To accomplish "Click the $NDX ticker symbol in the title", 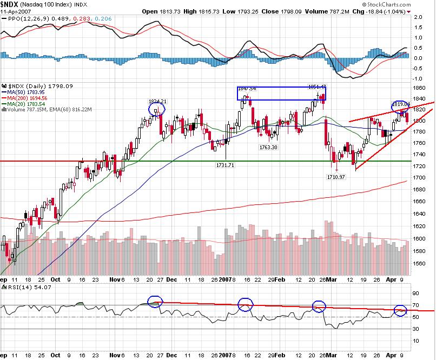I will click(11, 4).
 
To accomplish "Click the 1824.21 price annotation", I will click(157, 101).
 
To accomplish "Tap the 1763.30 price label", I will click(268, 147).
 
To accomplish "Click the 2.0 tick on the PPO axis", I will click(418, 17).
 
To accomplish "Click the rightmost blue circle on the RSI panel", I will click(400, 310).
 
